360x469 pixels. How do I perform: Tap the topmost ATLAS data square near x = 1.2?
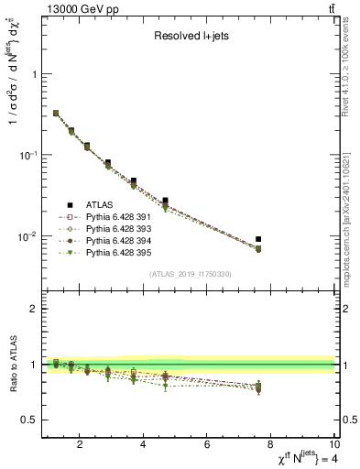pyautogui.click(x=56, y=114)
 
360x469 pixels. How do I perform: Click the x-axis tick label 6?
pyautogui.click(x=207, y=445)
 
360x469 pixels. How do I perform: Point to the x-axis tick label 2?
pyautogui.click(x=81, y=445)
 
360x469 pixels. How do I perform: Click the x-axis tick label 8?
pyautogui.click(x=270, y=445)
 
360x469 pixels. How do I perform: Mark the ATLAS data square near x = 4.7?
pyautogui.click(x=165, y=200)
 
